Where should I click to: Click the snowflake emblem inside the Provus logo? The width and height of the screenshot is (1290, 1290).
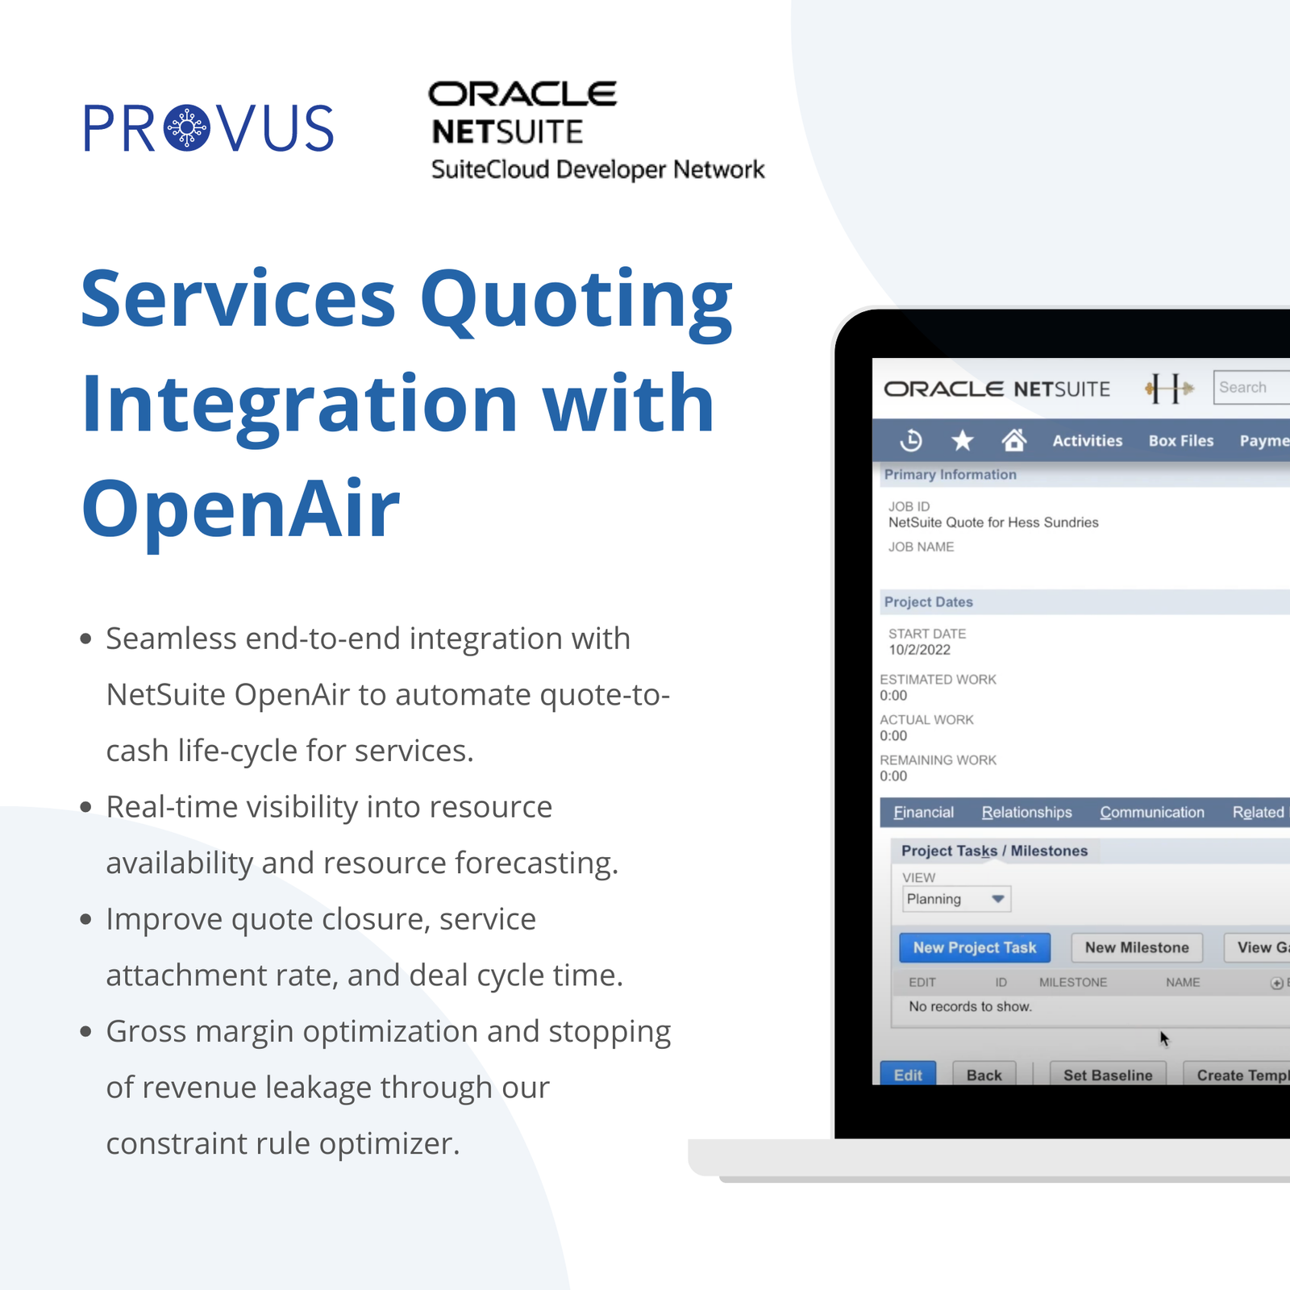click(x=186, y=128)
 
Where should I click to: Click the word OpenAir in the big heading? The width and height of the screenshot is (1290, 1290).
click(x=241, y=508)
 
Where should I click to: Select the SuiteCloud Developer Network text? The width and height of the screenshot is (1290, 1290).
click(x=597, y=169)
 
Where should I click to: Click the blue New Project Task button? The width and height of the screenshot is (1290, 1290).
click(x=974, y=947)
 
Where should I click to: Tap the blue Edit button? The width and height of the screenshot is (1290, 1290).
click(x=908, y=1074)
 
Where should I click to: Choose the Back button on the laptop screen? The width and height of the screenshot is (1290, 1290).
click(x=984, y=1074)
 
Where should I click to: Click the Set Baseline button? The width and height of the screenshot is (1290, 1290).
click(x=1108, y=1074)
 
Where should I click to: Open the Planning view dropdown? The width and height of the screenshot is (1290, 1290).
click(x=956, y=899)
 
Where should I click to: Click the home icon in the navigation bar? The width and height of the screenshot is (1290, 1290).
click(x=1013, y=440)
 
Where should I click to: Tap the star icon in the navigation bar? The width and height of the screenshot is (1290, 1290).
click(x=963, y=440)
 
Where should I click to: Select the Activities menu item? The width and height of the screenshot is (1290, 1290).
click(x=1087, y=441)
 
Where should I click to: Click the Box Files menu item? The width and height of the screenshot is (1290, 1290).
click(x=1181, y=441)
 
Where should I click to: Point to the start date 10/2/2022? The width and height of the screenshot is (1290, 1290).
click(x=919, y=650)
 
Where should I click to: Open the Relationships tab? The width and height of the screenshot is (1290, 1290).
click(x=1026, y=813)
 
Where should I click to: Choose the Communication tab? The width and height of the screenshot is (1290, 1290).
click(x=1152, y=813)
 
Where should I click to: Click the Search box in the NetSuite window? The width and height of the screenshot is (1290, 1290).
click(x=1251, y=388)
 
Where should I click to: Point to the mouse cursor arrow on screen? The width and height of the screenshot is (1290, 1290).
click(x=1163, y=1038)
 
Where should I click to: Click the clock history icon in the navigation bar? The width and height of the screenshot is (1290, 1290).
click(x=911, y=440)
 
